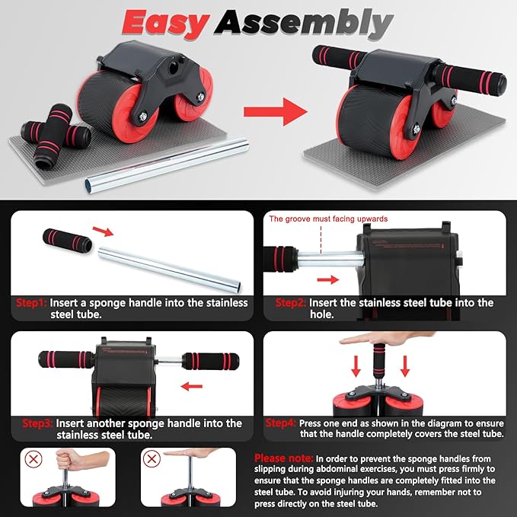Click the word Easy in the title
point(166,23)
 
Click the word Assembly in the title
point(302,23)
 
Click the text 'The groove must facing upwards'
point(328,219)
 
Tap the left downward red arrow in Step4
point(356,369)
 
